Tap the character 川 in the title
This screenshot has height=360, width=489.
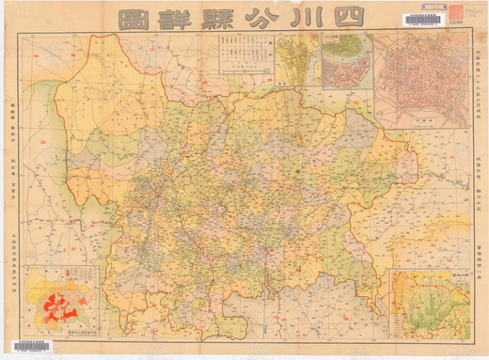pyautogui.click(x=304, y=18)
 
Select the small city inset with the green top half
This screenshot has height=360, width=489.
pyautogui.click(x=345, y=60)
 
